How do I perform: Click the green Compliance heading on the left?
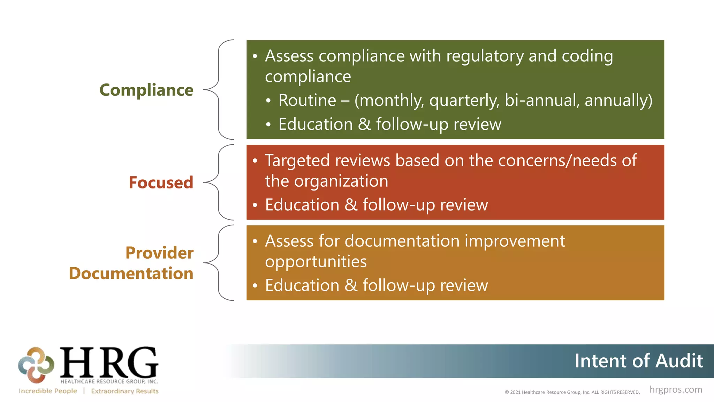click(x=146, y=90)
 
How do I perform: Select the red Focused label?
click(x=161, y=183)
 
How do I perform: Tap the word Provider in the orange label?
click(x=159, y=253)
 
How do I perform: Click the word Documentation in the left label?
click(x=131, y=273)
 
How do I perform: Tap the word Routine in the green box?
click(x=307, y=100)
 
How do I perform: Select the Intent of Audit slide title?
click(x=638, y=361)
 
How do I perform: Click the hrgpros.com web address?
click(x=676, y=389)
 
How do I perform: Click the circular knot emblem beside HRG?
click(x=36, y=365)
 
